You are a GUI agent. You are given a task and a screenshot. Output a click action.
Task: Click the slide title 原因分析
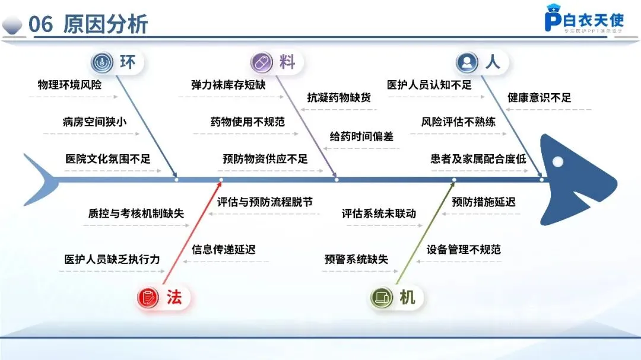click(x=105, y=24)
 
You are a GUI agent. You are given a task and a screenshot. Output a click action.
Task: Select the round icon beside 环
click(x=103, y=62)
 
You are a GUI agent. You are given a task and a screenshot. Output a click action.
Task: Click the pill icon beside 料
click(x=262, y=62)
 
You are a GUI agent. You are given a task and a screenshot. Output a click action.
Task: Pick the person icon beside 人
click(x=467, y=62)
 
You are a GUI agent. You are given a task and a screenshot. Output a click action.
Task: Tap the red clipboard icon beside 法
click(x=148, y=297)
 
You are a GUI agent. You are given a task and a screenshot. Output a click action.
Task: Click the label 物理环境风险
click(x=69, y=85)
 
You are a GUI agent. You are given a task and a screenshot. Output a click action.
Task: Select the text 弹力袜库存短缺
click(x=228, y=85)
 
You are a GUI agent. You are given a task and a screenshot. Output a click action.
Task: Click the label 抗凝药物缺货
click(x=339, y=98)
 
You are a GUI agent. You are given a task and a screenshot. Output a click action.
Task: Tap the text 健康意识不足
click(x=539, y=98)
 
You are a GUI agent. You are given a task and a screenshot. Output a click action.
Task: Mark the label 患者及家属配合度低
click(x=478, y=159)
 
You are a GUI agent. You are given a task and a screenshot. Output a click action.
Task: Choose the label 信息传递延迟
click(x=223, y=250)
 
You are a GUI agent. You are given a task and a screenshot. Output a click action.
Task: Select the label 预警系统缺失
click(x=356, y=259)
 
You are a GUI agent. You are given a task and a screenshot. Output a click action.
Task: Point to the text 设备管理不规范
click(x=464, y=249)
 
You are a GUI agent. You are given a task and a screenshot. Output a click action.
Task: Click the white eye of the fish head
click(x=557, y=161)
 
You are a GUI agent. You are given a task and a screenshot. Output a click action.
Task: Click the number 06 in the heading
click(x=41, y=24)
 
